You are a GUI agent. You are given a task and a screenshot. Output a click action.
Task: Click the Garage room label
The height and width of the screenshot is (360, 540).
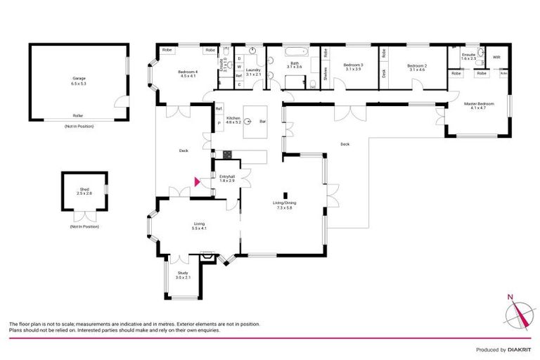click(78, 79)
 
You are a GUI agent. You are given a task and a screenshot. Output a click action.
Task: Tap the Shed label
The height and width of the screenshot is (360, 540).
click(84, 189)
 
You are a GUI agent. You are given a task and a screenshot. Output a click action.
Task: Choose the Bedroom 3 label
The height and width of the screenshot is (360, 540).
click(353, 67)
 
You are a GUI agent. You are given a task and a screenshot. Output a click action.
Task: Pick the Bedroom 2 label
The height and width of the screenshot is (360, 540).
click(416, 67)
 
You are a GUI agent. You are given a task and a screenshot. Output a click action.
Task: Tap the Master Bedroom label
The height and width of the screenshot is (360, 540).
click(478, 105)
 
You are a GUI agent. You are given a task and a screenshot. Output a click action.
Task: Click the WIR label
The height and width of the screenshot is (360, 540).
click(496, 57)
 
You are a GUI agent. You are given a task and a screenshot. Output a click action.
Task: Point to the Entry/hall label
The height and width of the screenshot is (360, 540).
click(226, 178)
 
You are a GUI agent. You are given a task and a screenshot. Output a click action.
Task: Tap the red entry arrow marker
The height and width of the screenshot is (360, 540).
click(197, 181)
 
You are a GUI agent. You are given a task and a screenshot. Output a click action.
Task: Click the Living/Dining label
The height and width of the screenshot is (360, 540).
click(283, 205)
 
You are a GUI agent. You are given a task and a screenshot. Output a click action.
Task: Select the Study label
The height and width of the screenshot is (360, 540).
click(183, 275)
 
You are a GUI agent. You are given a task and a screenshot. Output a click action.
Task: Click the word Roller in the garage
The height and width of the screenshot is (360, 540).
click(77, 116)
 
